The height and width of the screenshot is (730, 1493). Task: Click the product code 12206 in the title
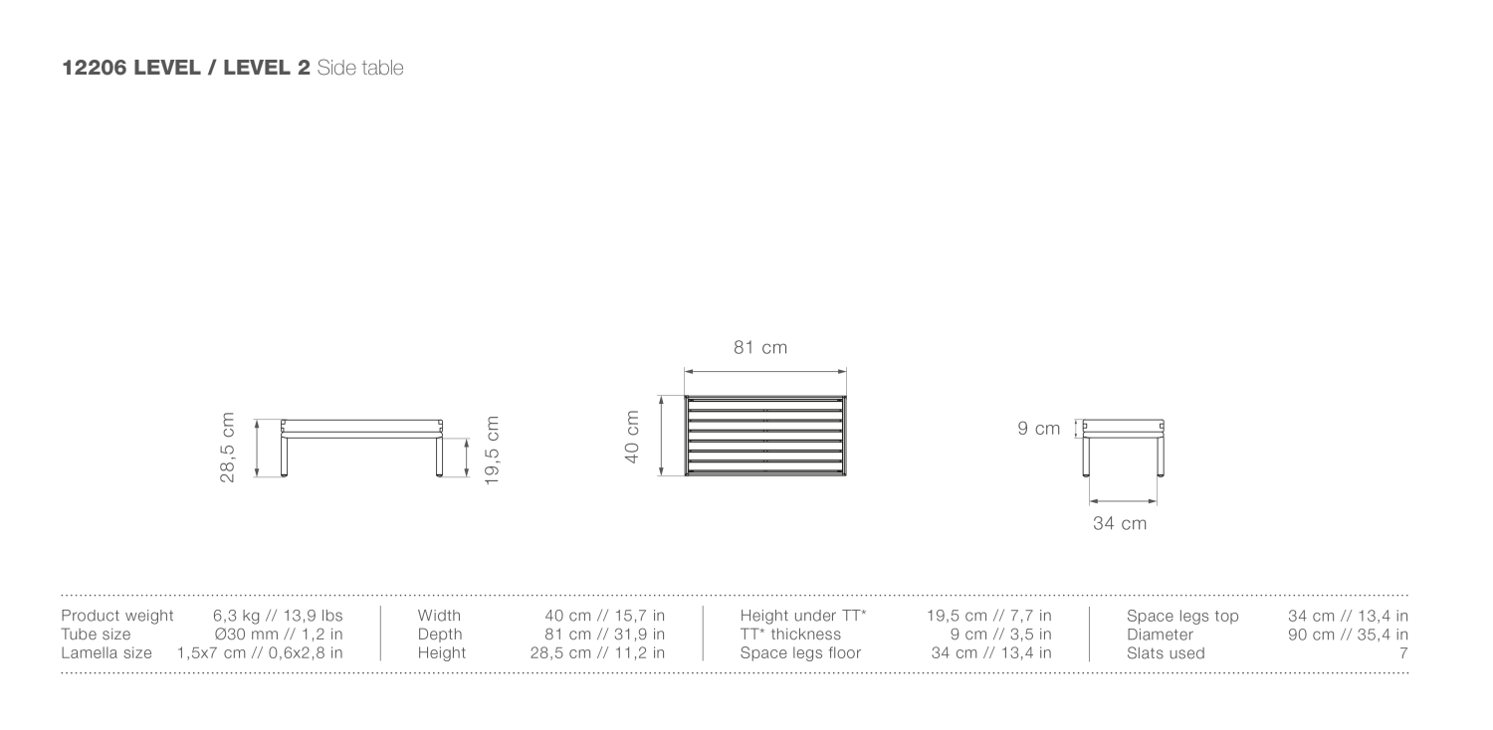tap(94, 68)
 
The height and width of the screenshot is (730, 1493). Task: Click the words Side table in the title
tap(360, 68)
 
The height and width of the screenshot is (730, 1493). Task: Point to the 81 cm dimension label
tap(760, 347)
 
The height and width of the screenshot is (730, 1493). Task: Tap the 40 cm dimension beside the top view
tap(632, 437)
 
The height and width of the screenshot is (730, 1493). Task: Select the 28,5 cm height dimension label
tap(228, 448)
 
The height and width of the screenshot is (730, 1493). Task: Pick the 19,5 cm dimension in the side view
tap(492, 451)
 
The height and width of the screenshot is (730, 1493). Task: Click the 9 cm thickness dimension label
tap(1038, 429)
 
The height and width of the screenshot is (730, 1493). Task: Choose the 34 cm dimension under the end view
tap(1120, 523)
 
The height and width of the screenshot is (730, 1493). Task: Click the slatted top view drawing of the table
tap(765, 436)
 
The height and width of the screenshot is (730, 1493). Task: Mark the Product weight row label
tap(116, 616)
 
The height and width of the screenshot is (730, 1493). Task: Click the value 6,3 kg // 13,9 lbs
tap(278, 616)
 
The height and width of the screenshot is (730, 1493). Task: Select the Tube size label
tap(95, 635)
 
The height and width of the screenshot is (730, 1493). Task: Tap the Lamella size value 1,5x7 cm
tap(260, 653)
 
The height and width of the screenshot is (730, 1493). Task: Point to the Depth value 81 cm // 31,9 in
tap(605, 635)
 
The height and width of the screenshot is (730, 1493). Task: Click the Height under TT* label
tap(803, 616)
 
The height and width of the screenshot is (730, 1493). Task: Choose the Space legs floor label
tap(800, 653)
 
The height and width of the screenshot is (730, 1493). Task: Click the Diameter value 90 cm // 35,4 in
tap(1348, 635)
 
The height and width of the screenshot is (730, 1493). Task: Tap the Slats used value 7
tap(1403, 653)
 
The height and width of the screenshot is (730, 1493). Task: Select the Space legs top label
tap(1182, 616)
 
